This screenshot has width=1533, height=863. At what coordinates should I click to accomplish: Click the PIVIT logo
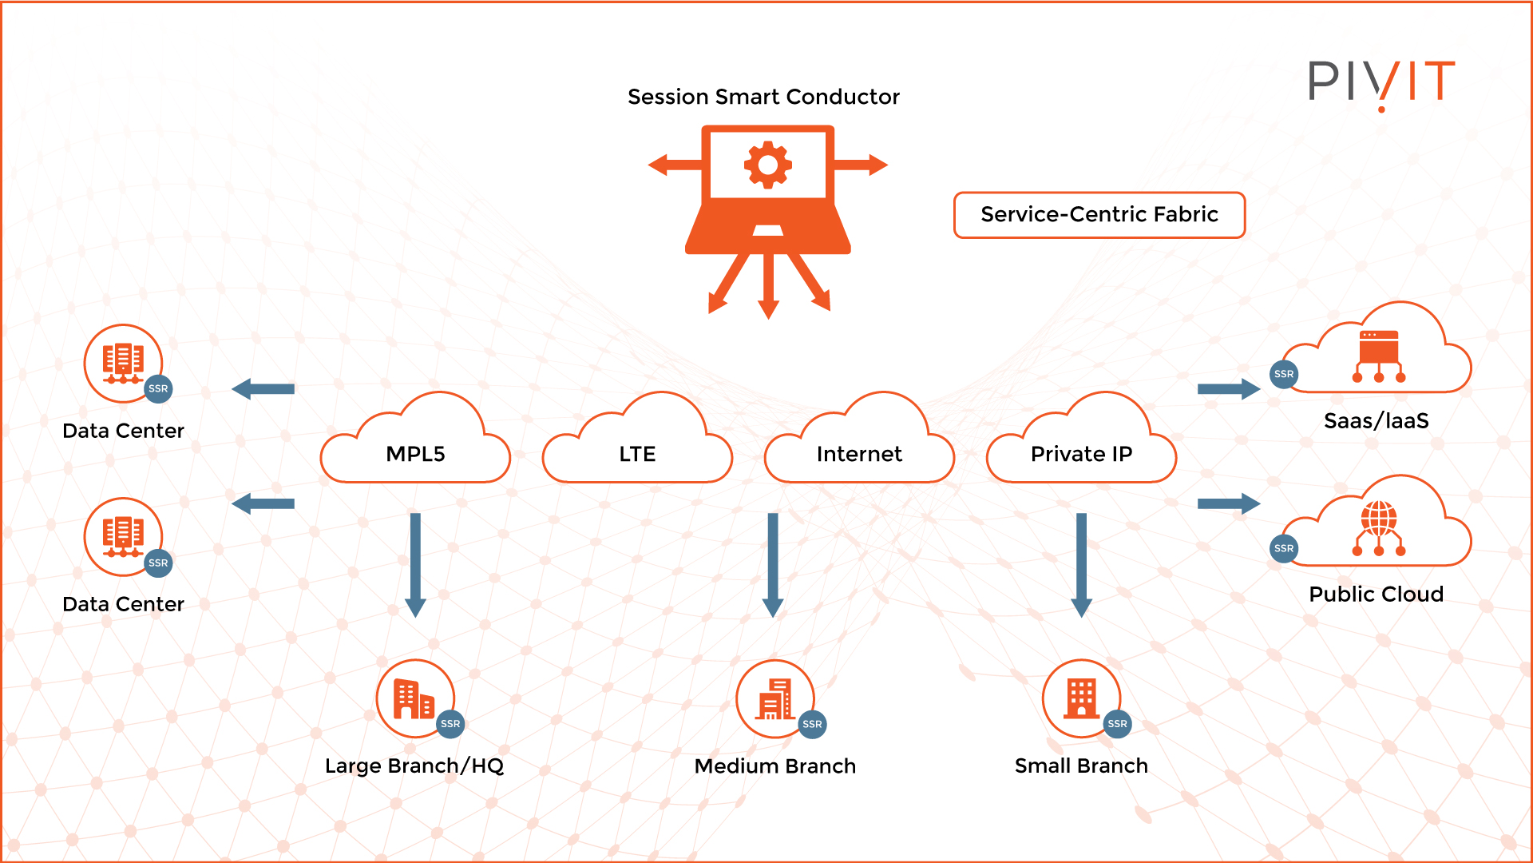pos(1381,82)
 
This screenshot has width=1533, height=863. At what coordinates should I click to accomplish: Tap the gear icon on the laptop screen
pos(767,165)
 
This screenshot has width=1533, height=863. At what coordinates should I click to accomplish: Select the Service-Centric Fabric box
pos(1099,215)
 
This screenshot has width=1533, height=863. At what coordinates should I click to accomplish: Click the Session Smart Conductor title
pos(763,97)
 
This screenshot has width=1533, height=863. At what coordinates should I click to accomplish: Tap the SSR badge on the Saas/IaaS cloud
pos(1284,374)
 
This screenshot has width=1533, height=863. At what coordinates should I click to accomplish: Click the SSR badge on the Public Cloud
pos(1284,548)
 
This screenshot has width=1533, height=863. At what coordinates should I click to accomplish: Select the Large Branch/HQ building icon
pos(414,698)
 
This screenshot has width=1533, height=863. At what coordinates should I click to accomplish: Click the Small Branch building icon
pos(1081,698)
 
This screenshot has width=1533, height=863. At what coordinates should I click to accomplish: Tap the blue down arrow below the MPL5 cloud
pos(415,564)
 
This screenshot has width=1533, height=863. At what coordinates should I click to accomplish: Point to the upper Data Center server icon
pos(123,362)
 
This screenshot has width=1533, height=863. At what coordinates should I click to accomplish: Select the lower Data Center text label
pos(123,604)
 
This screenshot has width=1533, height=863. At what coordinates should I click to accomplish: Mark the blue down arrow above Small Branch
pos(1081,564)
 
